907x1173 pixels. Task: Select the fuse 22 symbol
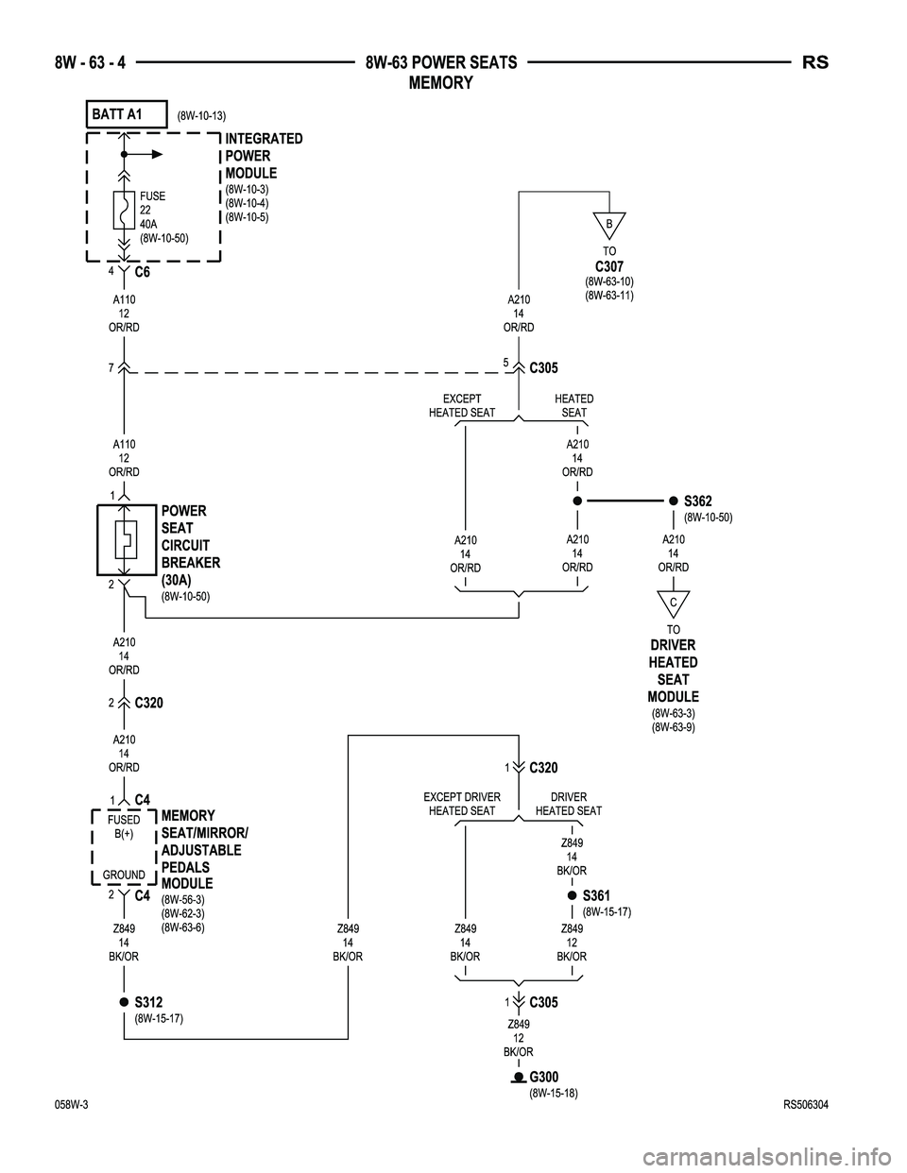click(x=124, y=210)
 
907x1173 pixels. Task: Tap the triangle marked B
click(x=609, y=224)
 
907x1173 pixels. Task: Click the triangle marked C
click(x=674, y=603)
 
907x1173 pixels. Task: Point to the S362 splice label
click(x=698, y=501)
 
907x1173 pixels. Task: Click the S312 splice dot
click(x=124, y=1002)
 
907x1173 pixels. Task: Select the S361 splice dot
click(x=573, y=895)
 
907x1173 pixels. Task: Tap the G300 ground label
click(x=544, y=1077)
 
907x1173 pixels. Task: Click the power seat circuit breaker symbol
click(x=127, y=540)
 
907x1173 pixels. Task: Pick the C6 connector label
click(x=143, y=272)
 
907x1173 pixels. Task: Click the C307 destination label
click(x=609, y=266)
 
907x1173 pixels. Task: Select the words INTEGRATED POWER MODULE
click(x=264, y=156)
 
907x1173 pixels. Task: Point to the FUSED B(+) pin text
click(x=124, y=826)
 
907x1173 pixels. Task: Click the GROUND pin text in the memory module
click(x=124, y=875)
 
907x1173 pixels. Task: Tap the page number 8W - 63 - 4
click(x=90, y=62)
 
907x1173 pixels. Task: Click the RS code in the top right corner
click(x=815, y=62)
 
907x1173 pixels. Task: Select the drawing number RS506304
click(x=806, y=1105)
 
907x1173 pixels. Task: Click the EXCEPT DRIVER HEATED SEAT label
click(x=462, y=804)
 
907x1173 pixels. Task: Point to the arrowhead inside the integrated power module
click(x=157, y=155)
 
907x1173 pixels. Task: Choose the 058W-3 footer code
click(x=71, y=1105)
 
